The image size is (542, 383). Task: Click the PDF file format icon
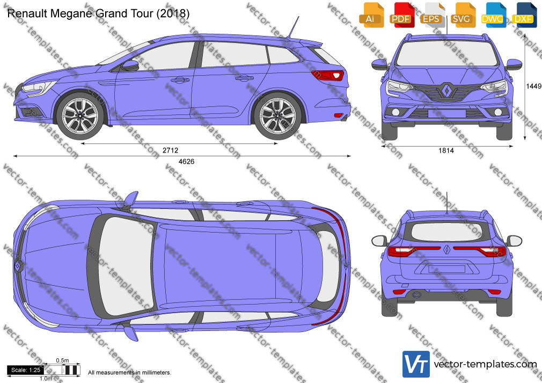(401, 15)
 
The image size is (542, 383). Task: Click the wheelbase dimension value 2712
(171, 150)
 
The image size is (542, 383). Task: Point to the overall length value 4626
(186, 161)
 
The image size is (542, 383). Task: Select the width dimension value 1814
(446, 150)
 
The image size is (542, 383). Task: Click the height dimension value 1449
(533, 86)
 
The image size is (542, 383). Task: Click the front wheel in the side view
(80, 115)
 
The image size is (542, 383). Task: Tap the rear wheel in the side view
(277, 115)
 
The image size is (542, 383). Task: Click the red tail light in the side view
(327, 75)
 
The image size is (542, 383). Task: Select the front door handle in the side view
(180, 80)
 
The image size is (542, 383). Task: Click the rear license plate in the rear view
(446, 269)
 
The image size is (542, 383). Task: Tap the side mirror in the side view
(130, 65)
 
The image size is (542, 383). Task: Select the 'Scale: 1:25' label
(26, 370)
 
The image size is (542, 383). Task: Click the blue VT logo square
(416, 364)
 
